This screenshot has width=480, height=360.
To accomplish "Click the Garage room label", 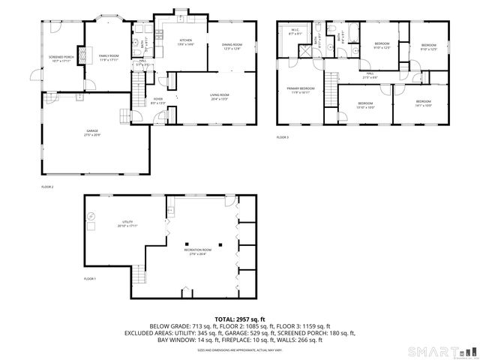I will click(x=91, y=132).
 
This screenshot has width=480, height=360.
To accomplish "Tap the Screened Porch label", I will click(x=61, y=58).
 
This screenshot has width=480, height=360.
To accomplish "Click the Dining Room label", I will click(x=231, y=47).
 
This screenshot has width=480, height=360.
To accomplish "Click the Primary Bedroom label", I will click(x=301, y=90).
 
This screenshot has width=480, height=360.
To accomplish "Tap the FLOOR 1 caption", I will click(x=90, y=278).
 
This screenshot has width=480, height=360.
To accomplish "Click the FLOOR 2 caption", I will click(x=46, y=187).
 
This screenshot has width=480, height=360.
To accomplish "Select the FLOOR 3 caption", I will click(x=283, y=137).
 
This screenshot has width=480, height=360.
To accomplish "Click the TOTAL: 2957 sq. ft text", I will click(x=241, y=319).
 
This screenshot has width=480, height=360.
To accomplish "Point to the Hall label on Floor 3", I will click(x=370, y=76).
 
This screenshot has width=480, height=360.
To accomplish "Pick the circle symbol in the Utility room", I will click(x=91, y=216).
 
